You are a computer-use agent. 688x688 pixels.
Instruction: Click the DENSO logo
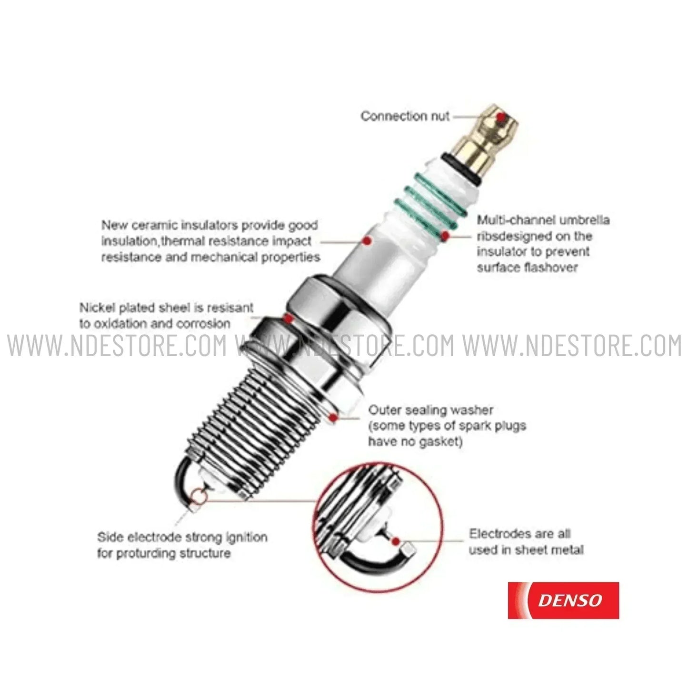[563, 600]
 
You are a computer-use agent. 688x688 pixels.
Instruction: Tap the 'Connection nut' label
[405, 116]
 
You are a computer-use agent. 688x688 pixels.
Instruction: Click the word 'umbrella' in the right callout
[584, 220]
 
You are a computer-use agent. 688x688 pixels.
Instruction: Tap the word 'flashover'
[551, 267]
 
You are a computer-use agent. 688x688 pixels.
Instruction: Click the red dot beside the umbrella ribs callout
[445, 235]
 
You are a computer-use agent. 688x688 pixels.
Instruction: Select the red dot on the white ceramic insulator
[367, 241]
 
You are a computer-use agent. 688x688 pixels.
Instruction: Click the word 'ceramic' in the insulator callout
[155, 225]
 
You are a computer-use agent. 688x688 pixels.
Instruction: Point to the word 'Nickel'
[97, 308]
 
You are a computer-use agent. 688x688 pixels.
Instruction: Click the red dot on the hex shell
[288, 318]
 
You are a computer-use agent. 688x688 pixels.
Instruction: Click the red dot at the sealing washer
[333, 418]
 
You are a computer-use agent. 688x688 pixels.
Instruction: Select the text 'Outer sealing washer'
[430, 409]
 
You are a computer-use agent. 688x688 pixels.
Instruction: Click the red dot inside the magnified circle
[395, 541]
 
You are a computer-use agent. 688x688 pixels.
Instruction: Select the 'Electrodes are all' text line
[519, 534]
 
